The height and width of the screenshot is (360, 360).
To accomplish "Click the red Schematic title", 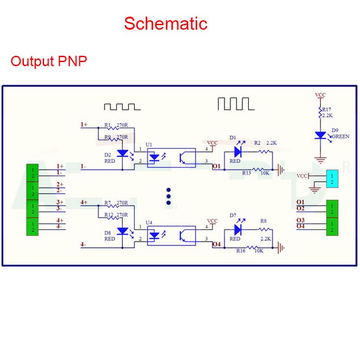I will pyautogui.click(x=166, y=23).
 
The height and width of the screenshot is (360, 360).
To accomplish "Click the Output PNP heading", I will pyautogui.click(x=49, y=61).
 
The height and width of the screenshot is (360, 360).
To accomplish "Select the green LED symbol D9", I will pyautogui.click(x=320, y=135).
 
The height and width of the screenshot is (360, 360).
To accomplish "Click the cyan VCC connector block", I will pyautogui.click(x=332, y=179).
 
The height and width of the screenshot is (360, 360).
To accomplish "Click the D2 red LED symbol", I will pyautogui.click(x=123, y=154).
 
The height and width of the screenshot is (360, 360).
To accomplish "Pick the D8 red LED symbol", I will pyautogui.click(x=123, y=231).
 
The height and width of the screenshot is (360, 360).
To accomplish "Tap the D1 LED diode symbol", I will pyautogui.click(x=238, y=152).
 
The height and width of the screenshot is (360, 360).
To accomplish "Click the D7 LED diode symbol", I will pyautogui.click(x=238, y=229).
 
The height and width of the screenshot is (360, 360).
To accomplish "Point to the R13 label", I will pyautogui.click(x=247, y=173).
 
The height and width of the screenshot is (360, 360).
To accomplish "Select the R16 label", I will pyautogui.click(x=241, y=251).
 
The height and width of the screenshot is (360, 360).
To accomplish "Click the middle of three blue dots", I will pyautogui.click(x=169, y=196).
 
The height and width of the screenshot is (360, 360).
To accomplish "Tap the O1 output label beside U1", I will pyautogui.click(x=216, y=166).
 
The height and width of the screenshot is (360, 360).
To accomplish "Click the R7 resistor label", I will pyautogui.click(x=107, y=202).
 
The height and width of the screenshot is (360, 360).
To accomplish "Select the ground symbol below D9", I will pyautogui.click(x=320, y=159).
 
